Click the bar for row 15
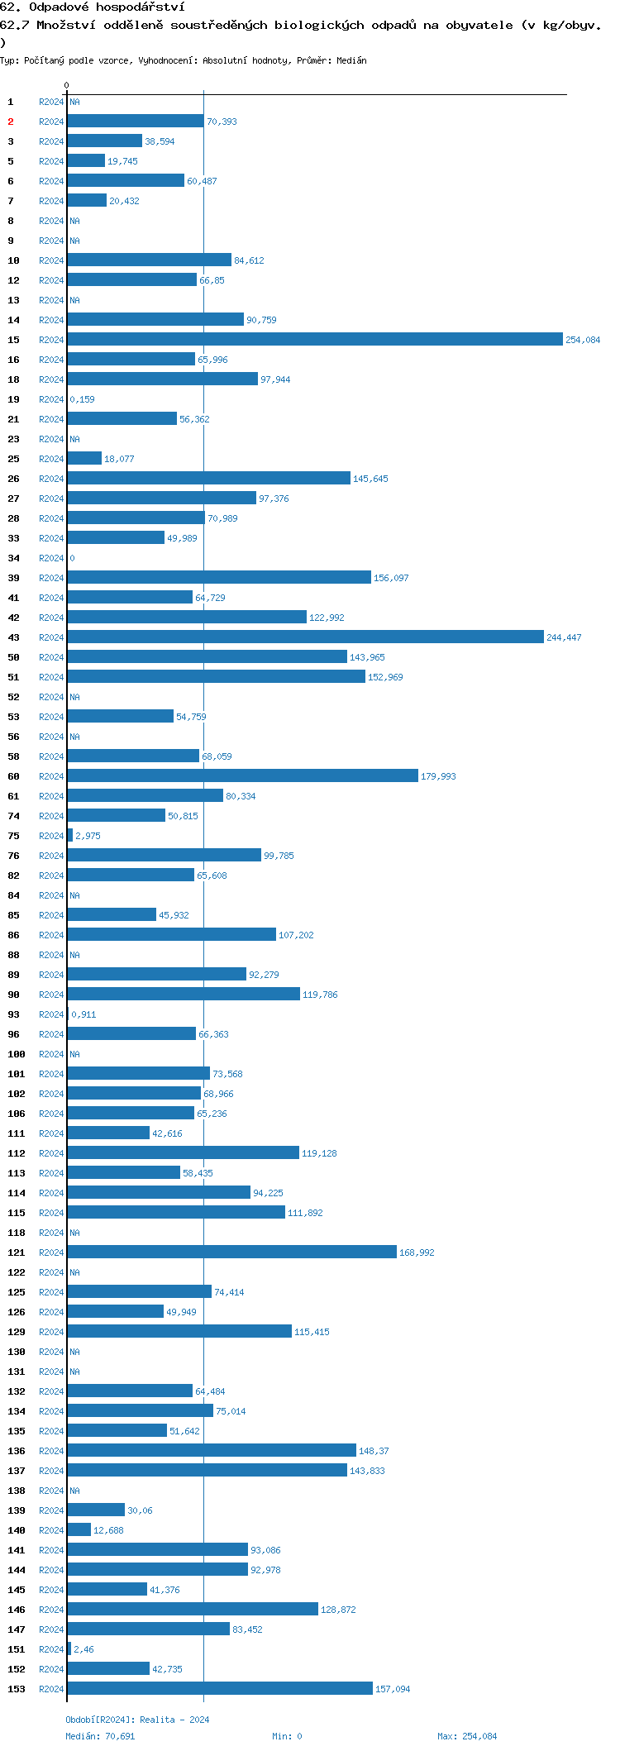coord(314,340)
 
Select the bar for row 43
coord(305,637)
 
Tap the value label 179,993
coord(438,776)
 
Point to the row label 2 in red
coord(11,122)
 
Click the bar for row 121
coord(231,1252)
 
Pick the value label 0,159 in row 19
coord(82,399)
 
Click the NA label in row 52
coord(74,697)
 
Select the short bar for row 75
coord(70,836)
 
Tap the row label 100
coord(17,1054)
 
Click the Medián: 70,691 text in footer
coord(100,1736)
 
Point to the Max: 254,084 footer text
coord(467,1736)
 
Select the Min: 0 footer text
coord(287,1736)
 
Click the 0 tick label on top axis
coord(67,85)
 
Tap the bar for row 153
coord(220,1689)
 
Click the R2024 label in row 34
coord(51,558)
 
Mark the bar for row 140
coord(79,1530)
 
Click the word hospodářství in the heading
coord(140,7)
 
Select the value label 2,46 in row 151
coord(83,1649)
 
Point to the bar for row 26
coord(208,479)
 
